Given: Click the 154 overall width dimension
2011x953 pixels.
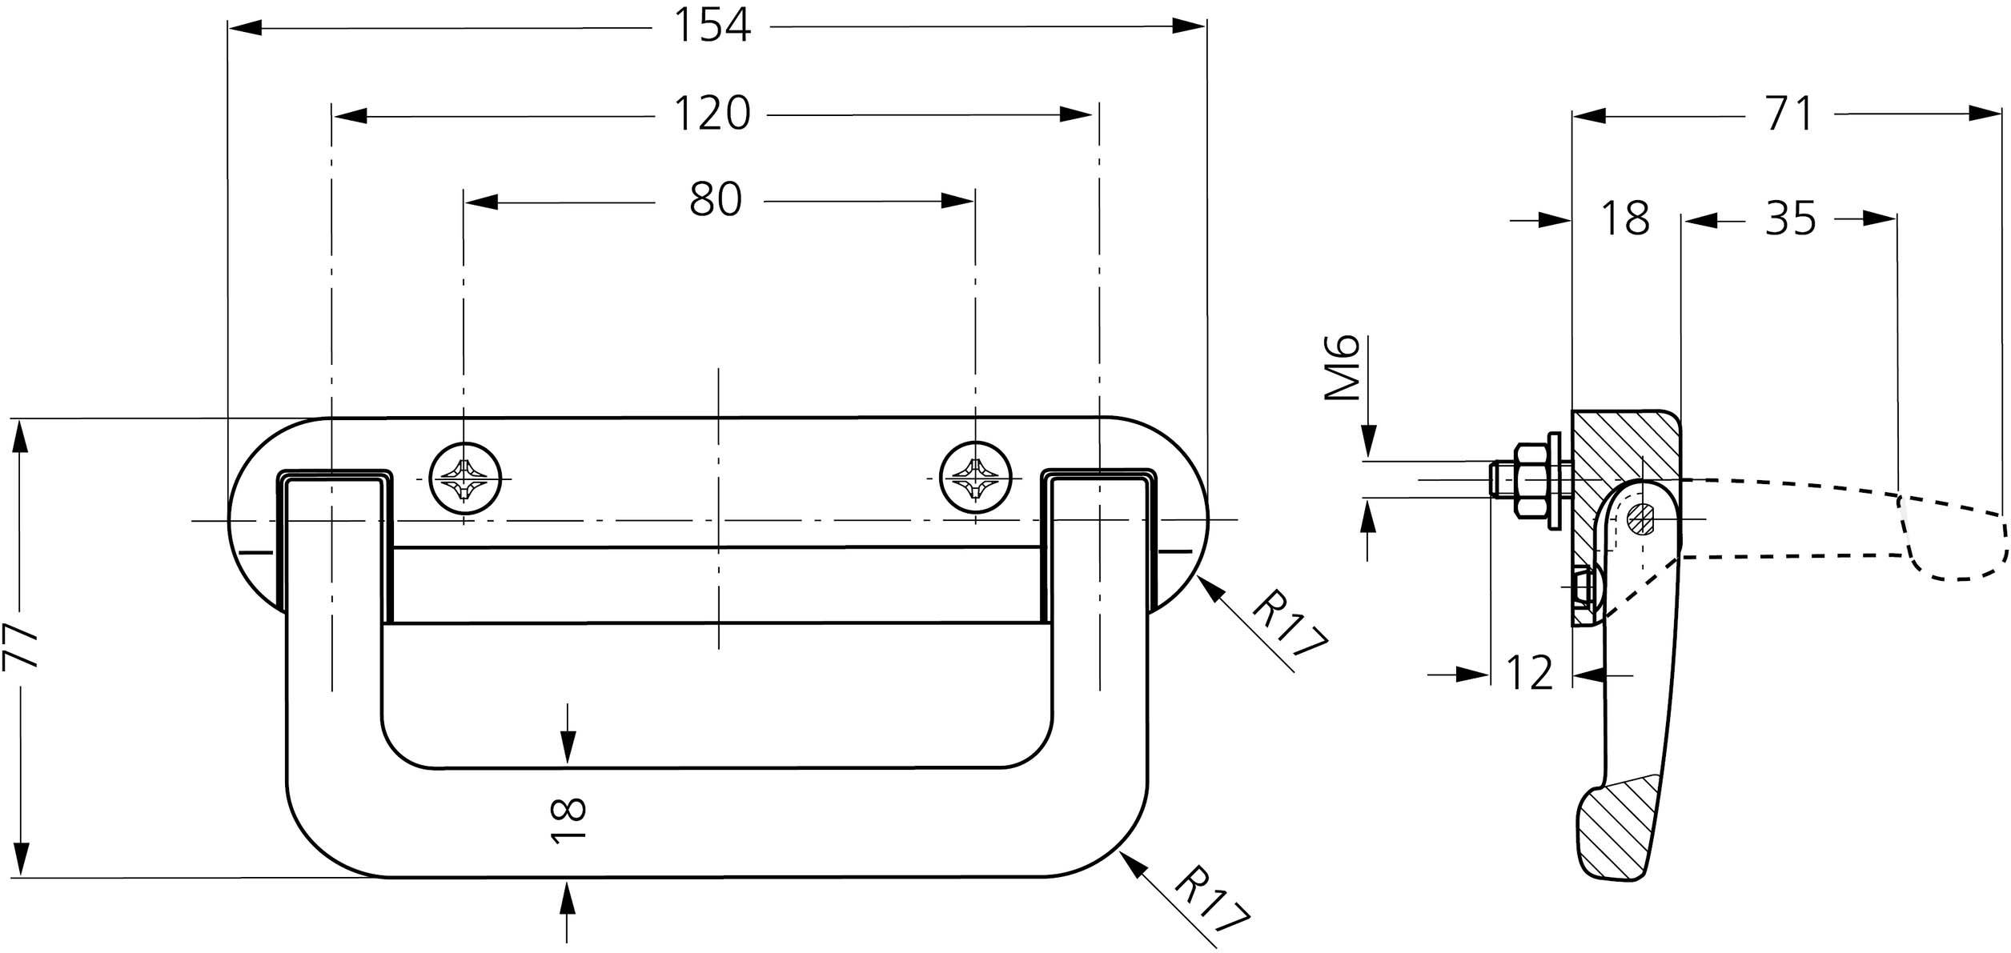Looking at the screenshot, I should [712, 25].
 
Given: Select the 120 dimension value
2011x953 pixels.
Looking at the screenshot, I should [712, 114].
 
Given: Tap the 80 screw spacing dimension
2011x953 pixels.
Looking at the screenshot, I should [715, 200].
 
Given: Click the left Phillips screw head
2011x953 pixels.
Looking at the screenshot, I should [466, 478].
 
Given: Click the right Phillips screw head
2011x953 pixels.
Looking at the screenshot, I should [975, 478].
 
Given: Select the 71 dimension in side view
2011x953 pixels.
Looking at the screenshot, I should [1789, 114].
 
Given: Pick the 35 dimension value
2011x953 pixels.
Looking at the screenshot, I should [1791, 218].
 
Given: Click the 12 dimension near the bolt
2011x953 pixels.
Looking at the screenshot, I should [1529, 673].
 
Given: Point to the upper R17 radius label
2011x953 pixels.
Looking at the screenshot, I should [1288, 624].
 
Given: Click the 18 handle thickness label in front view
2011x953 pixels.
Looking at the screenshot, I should [569, 819].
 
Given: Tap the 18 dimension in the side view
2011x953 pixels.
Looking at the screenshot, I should [1625, 218].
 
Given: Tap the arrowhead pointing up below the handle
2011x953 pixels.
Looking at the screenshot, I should [568, 898].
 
